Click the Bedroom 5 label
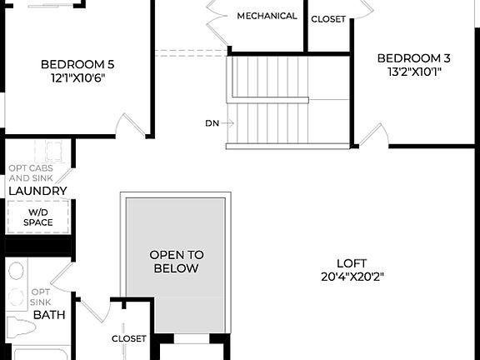click(77, 63)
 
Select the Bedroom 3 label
click(414, 57)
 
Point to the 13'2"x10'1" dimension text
click(414, 71)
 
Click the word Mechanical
click(267, 16)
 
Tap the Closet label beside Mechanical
click(328, 19)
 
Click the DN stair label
click(212, 123)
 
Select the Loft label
click(352, 262)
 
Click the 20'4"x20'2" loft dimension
click(352, 277)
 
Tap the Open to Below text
click(176, 262)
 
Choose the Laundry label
click(37, 191)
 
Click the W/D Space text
click(37, 217)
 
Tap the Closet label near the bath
click(129, 339)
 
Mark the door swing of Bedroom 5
click(128, 127)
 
